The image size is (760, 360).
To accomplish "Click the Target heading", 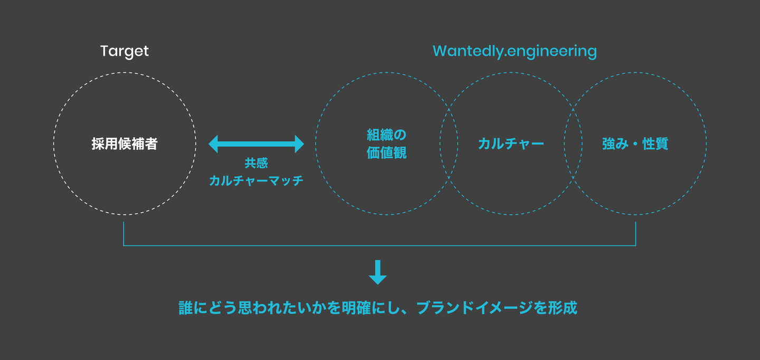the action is click(125, 52).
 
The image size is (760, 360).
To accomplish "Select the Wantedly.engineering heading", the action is click(515, 52).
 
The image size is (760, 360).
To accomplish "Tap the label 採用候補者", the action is click(125, 144).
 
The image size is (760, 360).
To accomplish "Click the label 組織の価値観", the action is click(386, 144).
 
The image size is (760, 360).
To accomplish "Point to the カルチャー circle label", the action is click(511, 144).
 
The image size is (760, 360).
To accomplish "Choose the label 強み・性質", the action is click(635, 144).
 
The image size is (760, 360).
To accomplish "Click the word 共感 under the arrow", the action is click(256, 163).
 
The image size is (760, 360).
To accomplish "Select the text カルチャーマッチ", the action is click(256, 181).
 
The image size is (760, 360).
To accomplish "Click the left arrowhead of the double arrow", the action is click(213, 144).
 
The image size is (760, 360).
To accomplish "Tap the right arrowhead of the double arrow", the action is click(299, 144).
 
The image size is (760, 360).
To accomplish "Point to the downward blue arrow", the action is click(378, 272).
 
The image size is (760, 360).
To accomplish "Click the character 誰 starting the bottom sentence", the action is click(186, 308).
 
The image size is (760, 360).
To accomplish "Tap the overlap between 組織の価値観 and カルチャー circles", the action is click(449, 144).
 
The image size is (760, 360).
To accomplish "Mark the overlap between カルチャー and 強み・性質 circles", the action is click(573, 144).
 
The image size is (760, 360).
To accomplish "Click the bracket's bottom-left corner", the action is click(123, 245).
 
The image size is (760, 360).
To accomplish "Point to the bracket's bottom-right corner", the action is click(635, 245).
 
